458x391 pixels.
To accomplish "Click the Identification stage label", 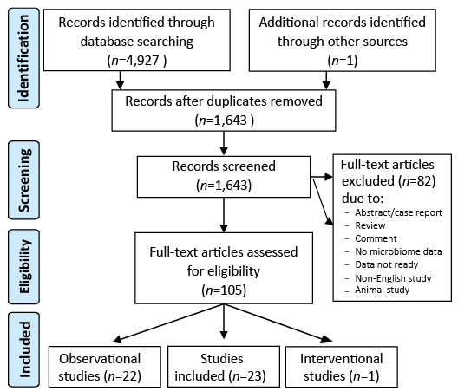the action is point(23,58).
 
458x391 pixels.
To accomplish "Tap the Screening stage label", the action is point(23,180).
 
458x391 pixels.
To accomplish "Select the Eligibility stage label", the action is point(23,267).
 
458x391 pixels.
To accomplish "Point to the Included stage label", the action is point(23,349).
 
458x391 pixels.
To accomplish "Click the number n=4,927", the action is point(137,61).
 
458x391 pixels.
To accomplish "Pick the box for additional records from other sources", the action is point(343,40).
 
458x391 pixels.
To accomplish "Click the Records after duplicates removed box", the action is point(224,110).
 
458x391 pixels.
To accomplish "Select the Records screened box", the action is point(224,177).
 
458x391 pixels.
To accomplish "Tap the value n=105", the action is point(224,290).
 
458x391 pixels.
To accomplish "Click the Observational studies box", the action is point(105,367).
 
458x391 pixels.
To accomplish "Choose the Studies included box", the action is point(224,367).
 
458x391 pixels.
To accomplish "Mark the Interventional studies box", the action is point(342,367).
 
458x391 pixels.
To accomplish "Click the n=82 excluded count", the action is point(417,181).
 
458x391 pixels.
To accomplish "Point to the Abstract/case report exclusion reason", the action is point(398,212).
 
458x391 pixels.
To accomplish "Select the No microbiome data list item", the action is point(398,251).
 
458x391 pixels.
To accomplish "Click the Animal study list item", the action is point(382,290).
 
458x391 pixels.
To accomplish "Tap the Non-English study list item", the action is point(393,278).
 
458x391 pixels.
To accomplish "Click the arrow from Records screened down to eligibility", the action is point(224,215).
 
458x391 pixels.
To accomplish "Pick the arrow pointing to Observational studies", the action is point(168,323).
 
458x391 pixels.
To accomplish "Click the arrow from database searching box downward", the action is point(120,80).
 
